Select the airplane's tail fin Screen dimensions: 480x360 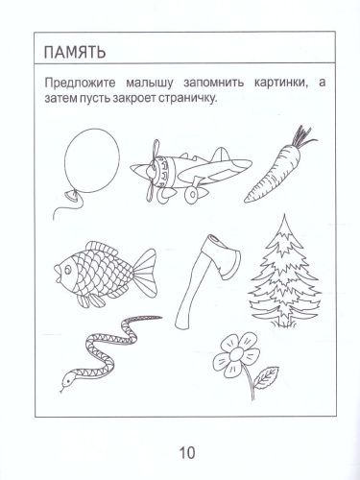point(223,153)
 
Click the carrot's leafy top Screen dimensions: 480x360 point(302,139)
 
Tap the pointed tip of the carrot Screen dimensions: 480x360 point(248,200)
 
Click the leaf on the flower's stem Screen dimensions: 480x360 point(269,374)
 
